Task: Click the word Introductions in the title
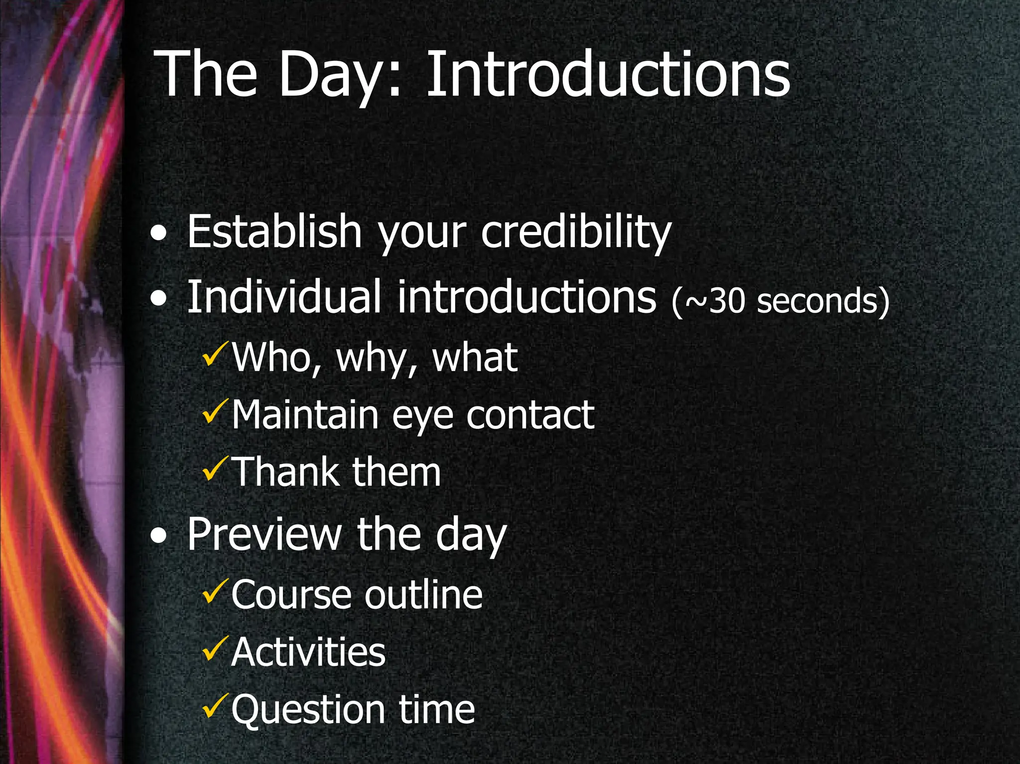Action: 608,75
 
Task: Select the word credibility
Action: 576,232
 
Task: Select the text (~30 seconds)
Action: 780,302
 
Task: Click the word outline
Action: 423,595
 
